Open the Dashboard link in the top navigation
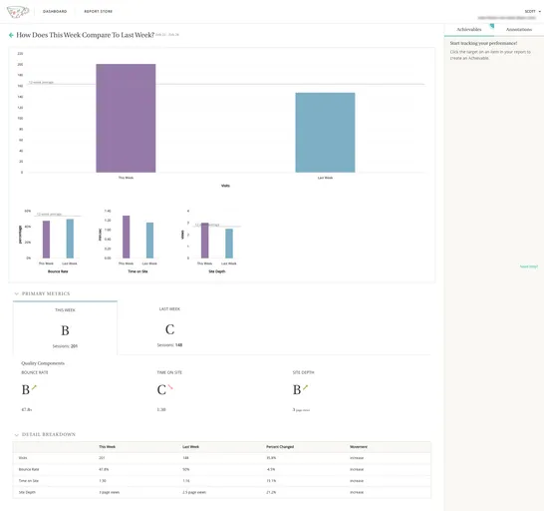pos(55,11)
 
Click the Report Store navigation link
pos(98,11)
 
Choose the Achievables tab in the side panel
pos(468,30)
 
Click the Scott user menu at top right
pos(531,11)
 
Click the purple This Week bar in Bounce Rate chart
pos(46,240)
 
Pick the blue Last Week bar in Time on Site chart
pos(149,241)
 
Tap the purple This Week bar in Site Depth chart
pos(204,241)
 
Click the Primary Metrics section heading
pos(46,293)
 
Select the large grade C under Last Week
pos(169,329)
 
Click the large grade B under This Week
pos(65,330)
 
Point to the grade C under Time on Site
pos(161,389)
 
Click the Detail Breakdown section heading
pos(48,434)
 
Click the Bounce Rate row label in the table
pos(29,469)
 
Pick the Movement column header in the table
pos(358,447)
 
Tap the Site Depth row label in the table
pos(27,491)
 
